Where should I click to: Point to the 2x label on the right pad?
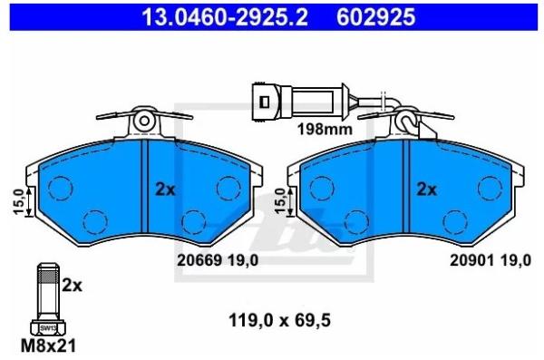[426, 190]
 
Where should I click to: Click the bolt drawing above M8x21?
[47, 299]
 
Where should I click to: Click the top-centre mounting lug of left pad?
[144, 121]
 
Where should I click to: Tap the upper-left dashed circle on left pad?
[61, 188]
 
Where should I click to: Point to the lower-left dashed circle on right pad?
[356, 220]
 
